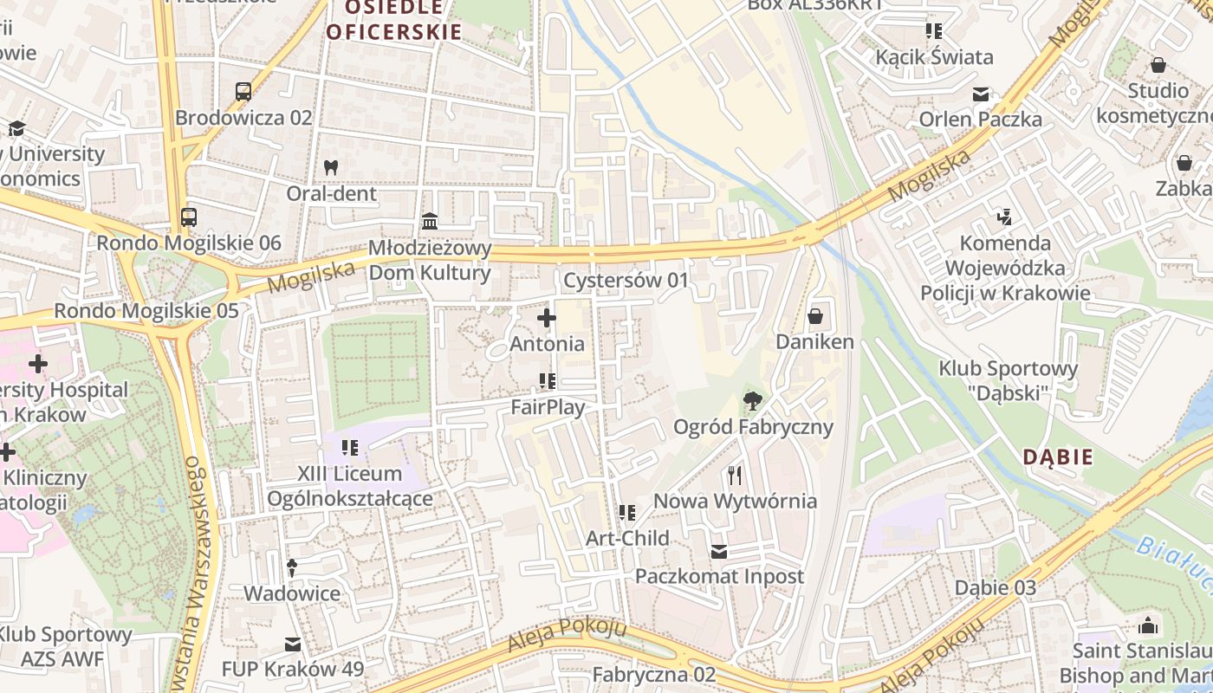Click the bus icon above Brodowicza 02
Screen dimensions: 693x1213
coord(243,91)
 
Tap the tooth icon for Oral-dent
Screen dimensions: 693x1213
coord(330,167)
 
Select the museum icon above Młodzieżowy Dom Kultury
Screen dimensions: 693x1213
coord(430,222)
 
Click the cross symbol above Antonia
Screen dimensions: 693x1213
coord(547,318)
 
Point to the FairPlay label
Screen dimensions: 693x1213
coord(547,407)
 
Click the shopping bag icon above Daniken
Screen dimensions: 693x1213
coord(814,316)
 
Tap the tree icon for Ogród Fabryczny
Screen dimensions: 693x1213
coord(753,400)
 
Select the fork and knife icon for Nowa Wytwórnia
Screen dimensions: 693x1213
coord(735,475)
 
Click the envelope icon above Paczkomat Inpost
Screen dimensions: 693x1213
coord(719,551)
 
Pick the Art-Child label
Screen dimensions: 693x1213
coord(627,538)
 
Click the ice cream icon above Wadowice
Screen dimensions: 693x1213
coord(292,567)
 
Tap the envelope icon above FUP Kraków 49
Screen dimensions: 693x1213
coord(292,644)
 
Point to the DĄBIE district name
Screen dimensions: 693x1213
coord(1058,457)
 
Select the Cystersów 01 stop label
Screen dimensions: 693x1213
coord(626,281)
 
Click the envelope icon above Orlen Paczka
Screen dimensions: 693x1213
coord(981,94)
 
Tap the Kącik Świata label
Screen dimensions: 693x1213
coord(934,57)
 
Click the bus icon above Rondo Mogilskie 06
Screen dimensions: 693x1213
coord(189,217)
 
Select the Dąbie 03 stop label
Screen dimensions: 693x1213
coord(995,587)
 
